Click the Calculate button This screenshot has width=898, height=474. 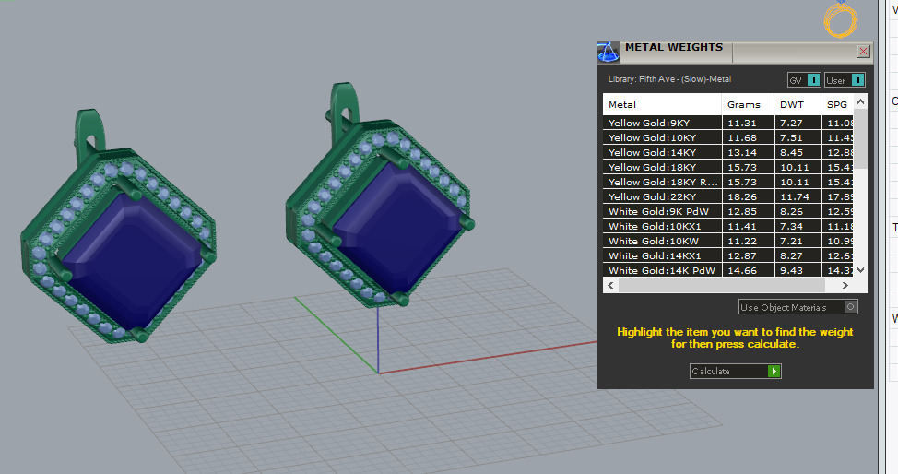point(735,371)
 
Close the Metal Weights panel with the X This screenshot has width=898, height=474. point(863,52)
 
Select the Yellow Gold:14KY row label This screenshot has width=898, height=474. point(652,152)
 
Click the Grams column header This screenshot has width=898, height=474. point(743,104)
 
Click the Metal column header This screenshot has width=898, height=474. point(622,104)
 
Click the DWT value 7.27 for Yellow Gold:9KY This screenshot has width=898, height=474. point(791,123)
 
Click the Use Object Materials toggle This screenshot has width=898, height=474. point(798,307)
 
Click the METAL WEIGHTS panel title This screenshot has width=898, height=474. point(673,47)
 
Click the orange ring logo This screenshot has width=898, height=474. point(841,20)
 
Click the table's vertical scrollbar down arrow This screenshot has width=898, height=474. point(860,270)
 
